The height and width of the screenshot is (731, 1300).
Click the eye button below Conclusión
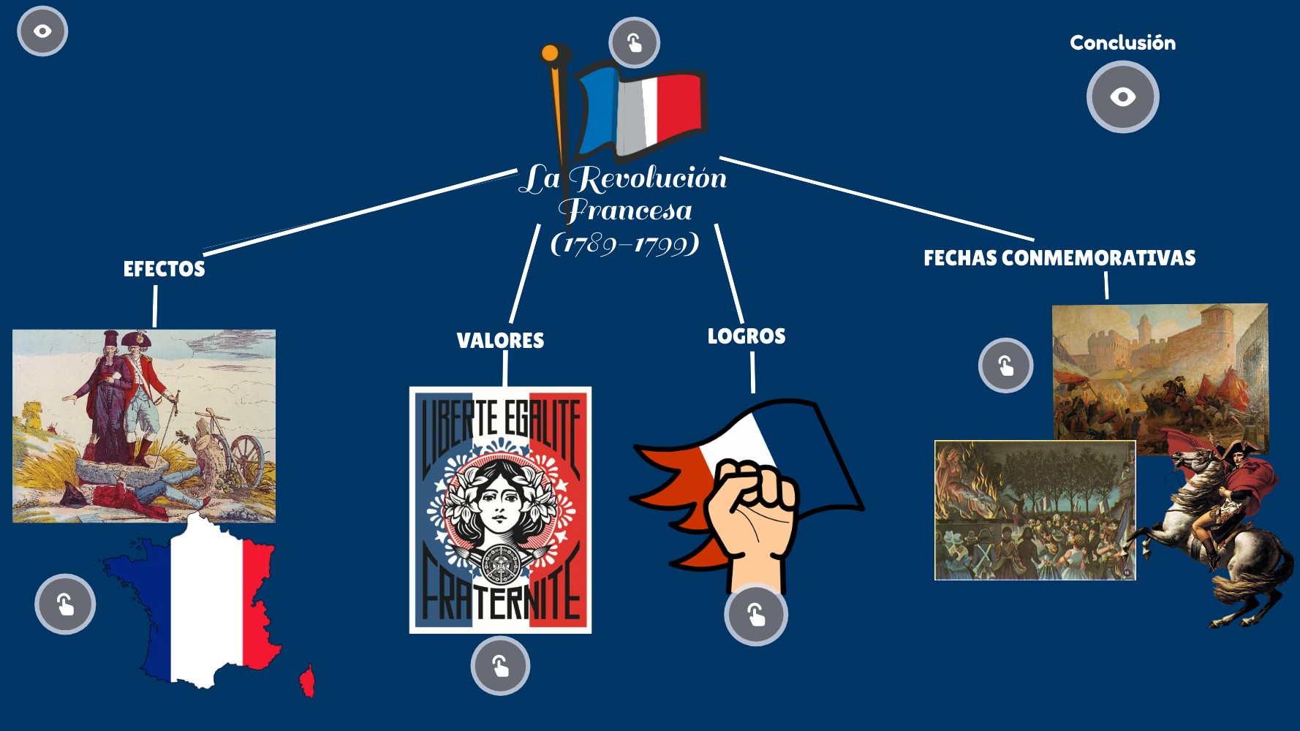coord(1122,97)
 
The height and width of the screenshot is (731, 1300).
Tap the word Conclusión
coord(1122,42)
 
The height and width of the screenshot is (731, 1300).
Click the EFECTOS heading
coord(164,269)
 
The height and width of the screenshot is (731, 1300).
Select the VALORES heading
coord(500,341)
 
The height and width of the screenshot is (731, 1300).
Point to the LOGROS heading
coord(746,336)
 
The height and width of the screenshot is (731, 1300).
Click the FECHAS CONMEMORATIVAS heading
coord(1059,258)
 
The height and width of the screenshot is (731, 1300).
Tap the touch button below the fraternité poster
coord(500,666)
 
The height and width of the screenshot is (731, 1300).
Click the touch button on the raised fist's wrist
coord(756,615)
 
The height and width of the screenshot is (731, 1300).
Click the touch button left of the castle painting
coord(1005,365)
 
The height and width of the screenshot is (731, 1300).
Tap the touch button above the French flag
coord(634,42)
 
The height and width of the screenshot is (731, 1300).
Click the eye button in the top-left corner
coord(42,31)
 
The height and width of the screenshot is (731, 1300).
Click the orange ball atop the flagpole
coord(550,53)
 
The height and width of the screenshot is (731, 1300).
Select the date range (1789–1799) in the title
coord(624,243)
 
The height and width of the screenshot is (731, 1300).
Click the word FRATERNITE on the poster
coord(500,588)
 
